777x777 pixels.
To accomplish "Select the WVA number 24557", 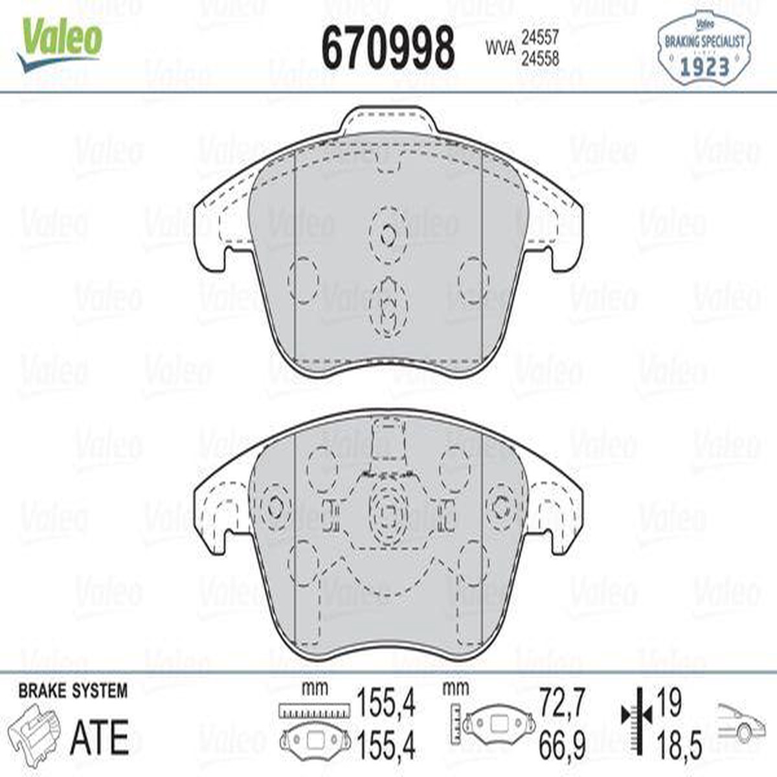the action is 540,39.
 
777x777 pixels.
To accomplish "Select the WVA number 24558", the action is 540,60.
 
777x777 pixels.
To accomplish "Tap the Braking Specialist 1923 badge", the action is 704,49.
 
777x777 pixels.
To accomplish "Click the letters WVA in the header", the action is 501,49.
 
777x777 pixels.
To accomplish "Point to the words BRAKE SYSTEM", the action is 73,691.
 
